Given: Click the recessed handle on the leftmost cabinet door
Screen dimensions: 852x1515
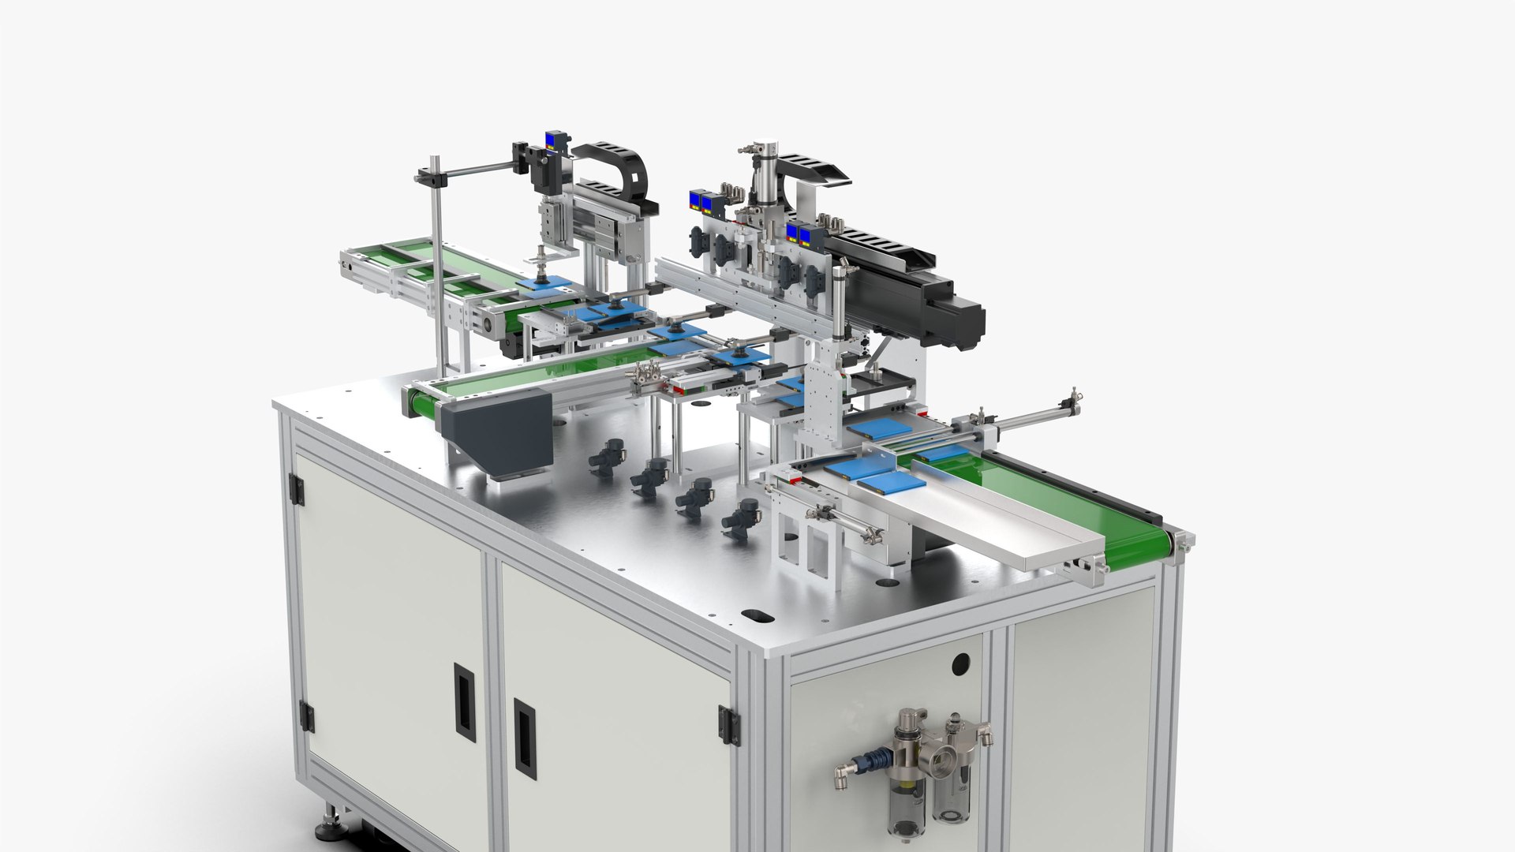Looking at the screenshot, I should (x=465, y=702).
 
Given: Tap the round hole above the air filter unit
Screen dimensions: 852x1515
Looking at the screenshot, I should (x=959, y=664).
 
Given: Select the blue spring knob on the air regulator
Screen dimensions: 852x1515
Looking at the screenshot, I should (x=875, y=761).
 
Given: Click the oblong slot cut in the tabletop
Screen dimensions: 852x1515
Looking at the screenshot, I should (x=755, y=615).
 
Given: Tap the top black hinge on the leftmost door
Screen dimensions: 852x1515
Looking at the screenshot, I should (x=296, y=489).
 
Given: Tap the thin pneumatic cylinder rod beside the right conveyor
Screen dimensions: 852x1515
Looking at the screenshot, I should (x=1026, y=414).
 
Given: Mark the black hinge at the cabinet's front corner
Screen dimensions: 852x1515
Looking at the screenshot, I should (x=728, y=725).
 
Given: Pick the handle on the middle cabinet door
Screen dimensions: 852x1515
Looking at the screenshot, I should (x=525, y=738).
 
